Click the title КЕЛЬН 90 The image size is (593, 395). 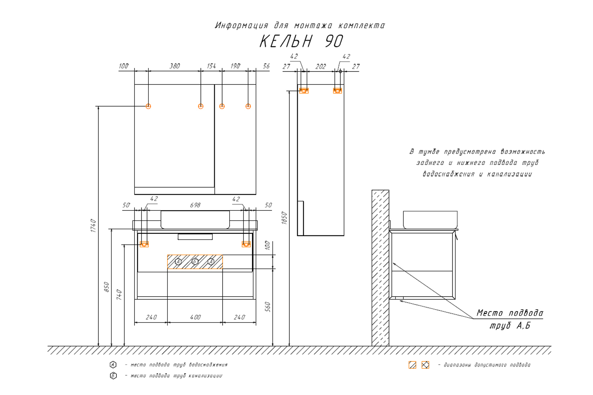click(301, 41)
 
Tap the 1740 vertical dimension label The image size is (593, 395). click(93, 225)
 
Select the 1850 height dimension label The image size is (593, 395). click(284, 218)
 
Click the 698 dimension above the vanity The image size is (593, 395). click(195, 205)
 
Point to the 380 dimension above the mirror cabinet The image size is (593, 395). click(175, 66)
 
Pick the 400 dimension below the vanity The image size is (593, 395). click(195, 317)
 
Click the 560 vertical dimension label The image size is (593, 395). click(268, 307)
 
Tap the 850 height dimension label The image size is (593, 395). click(106, 287)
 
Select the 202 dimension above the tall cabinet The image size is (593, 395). click(321, 66)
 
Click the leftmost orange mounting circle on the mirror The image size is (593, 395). click(148, 106)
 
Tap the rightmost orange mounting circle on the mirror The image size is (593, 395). click(248, 106)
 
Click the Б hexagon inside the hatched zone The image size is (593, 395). click(195, 261)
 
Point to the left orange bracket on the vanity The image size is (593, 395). click(144, 244)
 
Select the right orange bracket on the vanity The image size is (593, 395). click(246, 244)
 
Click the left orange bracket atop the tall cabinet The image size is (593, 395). click(304, 90)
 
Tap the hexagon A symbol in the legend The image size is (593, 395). click(113, 365)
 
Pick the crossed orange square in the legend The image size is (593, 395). click(425, 365)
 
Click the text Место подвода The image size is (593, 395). click(510, 313)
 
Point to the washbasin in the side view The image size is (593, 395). click(430, 220)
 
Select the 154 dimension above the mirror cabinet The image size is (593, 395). click(212, 66)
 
